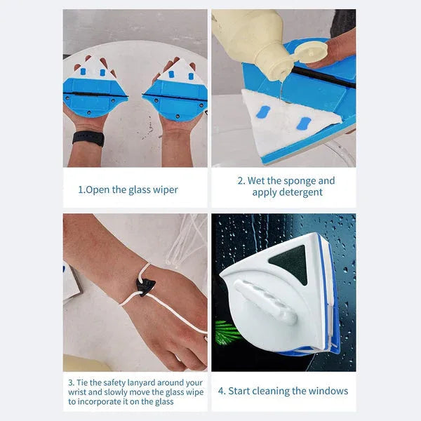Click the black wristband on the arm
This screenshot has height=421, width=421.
coord(88,138)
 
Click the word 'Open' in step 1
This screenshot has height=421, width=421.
coord(99,189)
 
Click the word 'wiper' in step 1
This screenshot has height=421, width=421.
coord(165,189)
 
